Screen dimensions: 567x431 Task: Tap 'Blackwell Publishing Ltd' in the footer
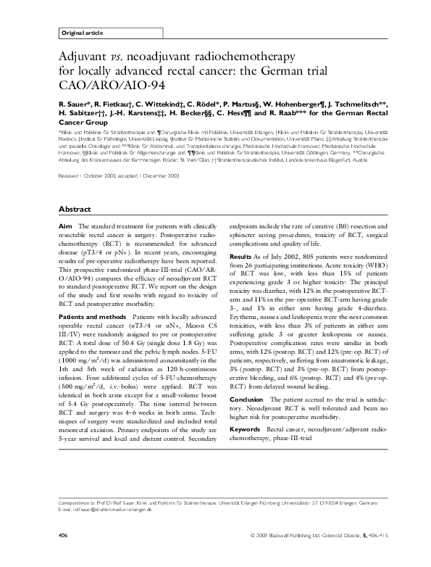(x=287, y=535)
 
